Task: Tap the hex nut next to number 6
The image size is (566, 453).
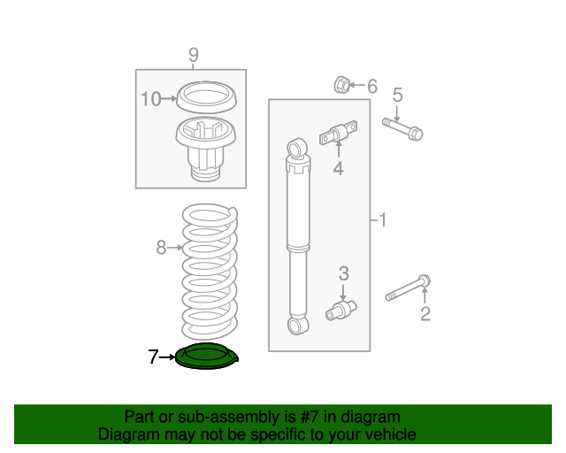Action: [341, 85]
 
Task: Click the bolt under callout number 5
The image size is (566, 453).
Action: [402, 128]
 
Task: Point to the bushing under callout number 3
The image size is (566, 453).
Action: [341, 311]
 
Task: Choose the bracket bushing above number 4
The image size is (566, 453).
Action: [339, 133]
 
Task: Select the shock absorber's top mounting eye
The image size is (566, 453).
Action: [297, 148]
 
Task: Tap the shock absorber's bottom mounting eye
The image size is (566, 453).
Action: [298, 325]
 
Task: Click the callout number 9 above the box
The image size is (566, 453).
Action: [194, 55]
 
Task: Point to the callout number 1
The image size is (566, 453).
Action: [383, 219]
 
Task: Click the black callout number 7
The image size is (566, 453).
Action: [153, 357]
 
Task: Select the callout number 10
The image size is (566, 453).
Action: [150, 99]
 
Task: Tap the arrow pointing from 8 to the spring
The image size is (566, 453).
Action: [175, 248]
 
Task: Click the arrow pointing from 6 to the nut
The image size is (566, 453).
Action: [357, 85]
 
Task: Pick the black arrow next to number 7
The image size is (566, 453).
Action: [167, 357]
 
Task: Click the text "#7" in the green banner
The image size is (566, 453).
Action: [310, 417]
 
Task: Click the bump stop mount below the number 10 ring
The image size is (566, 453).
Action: [206, 149]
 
